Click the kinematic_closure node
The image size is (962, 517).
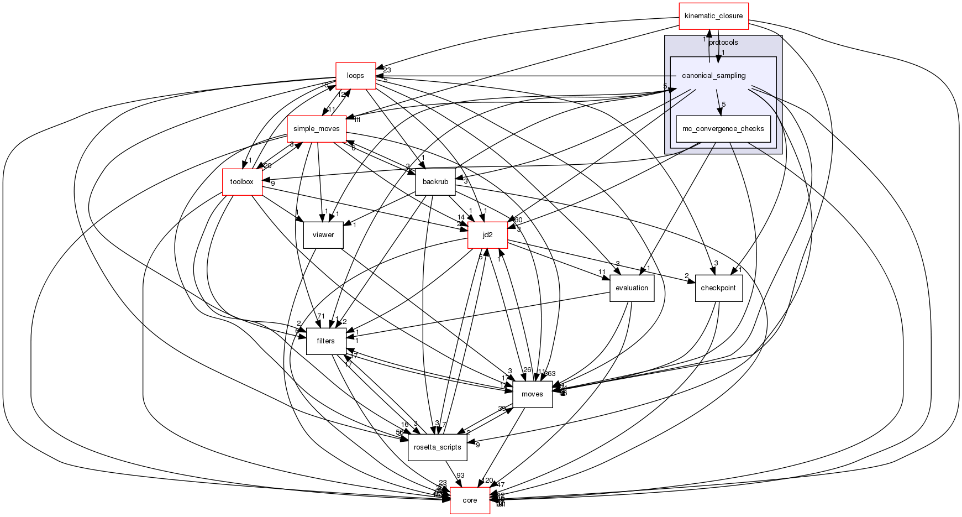pyautogui.click(x=713, y=16)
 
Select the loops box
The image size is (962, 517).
pyautogui.click(x=356, y=75)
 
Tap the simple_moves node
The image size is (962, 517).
pyautogui.click(x=317, y=129)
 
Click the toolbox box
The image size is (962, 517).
pyautogui.click(x=242, y=182)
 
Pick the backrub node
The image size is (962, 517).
pyautogui.click(x=435, y=182)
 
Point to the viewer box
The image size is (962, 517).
pyautogui.click(x=323, y=235)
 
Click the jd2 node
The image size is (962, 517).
pyautogui.click(x=487, y=235)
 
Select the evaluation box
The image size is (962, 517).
pyautogui.click(x=632, y=288)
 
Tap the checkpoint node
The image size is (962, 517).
pyautogui.click(x=718, y=288)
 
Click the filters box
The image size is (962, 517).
pyautogui.click(x=326, y=341)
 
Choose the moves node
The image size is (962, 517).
pyautogui.click(x=532, y=394)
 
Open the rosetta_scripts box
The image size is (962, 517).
pyautogui.click(x=438, y=447)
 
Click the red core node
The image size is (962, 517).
pyautogui.click(x=470, y=500)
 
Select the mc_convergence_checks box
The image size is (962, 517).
pyautogui.click(x=723, y=129)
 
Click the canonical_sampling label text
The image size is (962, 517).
pyautogui.click(x=714, y=76)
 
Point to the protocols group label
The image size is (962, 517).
pyautogui.click(x=723, y=43)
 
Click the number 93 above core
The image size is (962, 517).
pyautogui.click(x=460, y=476)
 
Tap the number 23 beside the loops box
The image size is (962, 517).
pyautogui.click(x=387, y=70)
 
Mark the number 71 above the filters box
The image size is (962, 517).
pyautogui.click(x=320, y=316)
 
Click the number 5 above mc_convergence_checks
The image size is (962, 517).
pyautogui.click(x=723, y=105)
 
